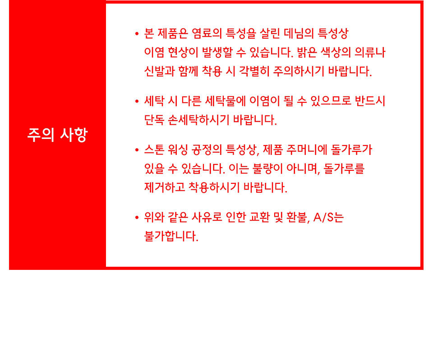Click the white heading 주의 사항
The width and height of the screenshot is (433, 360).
(x=57, y=135)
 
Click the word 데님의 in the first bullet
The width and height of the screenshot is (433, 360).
(x=296, y=34)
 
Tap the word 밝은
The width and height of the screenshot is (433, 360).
(x=307, y=52)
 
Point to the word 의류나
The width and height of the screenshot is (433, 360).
(x=370, y=52)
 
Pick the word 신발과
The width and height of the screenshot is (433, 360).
(x=159, y=71)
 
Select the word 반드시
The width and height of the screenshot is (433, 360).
(x=370, y=101)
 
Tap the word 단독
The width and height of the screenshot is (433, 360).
(x=154, y=120)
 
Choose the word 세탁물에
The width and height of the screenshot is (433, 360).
(x=225, y=101)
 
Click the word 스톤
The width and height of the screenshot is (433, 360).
(x=154, y=150)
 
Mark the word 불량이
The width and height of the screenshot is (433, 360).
(x=267, y=169)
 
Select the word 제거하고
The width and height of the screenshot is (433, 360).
(x=165, y=187)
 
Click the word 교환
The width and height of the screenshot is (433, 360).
(x=259, y=217)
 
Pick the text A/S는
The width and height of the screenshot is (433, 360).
(x=329, y=217)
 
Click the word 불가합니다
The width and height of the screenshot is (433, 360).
(x=171, y=236)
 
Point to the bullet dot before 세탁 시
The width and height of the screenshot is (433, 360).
(x=137, y=101)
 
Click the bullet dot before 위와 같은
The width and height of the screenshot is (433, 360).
(x=137, y=217)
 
